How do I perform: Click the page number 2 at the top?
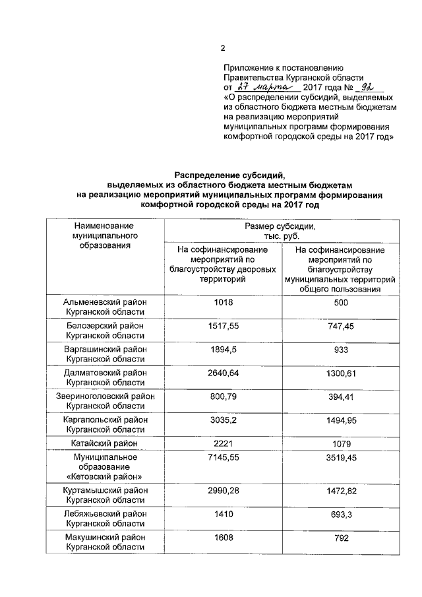[x=222, y=47]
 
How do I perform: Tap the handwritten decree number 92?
[x=368, y=86]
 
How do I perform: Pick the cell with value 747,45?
[x=341, y=325]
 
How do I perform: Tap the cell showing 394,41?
[x=341, y=396]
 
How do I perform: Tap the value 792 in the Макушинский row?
[x=341, y=537]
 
